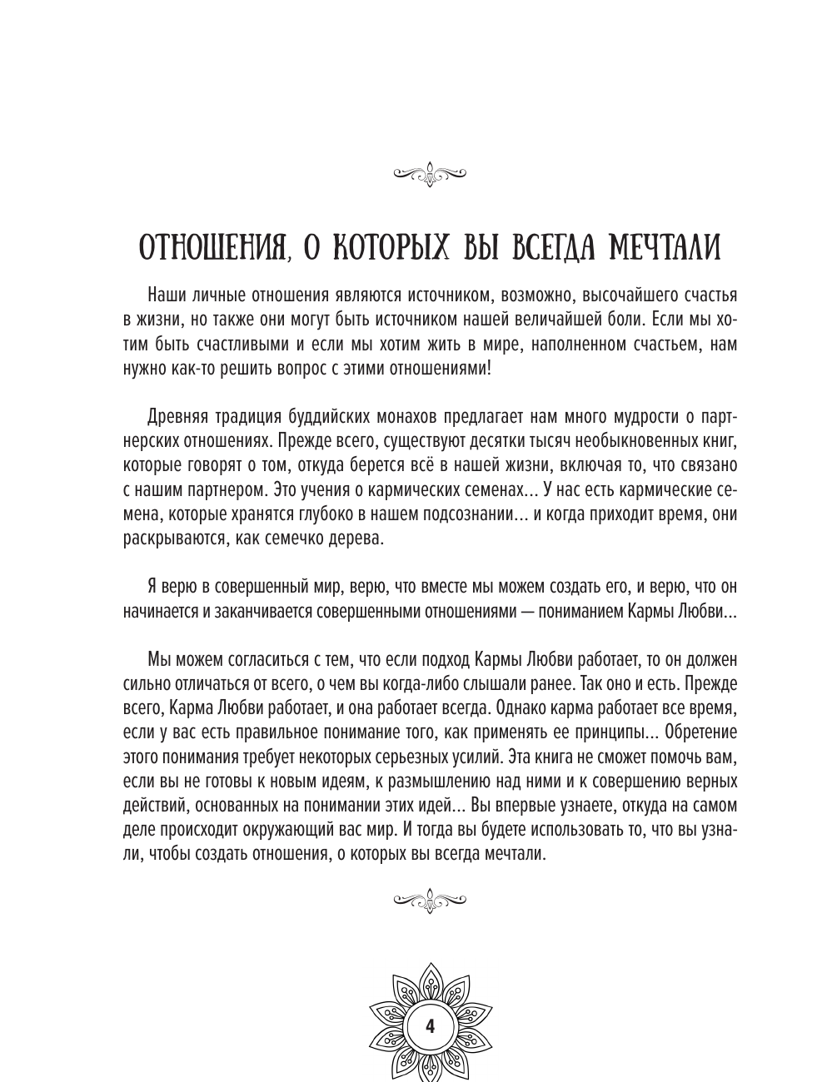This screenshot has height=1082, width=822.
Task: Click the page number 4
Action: tap(429, 1025)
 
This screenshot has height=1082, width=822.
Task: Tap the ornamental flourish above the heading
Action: tap(429, 172)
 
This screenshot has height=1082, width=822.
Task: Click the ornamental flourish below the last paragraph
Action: tap(429, 899)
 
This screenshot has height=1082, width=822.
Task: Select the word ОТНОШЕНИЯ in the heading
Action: tap(211, 249)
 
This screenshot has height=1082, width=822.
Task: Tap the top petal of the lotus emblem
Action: tap(429, 975)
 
